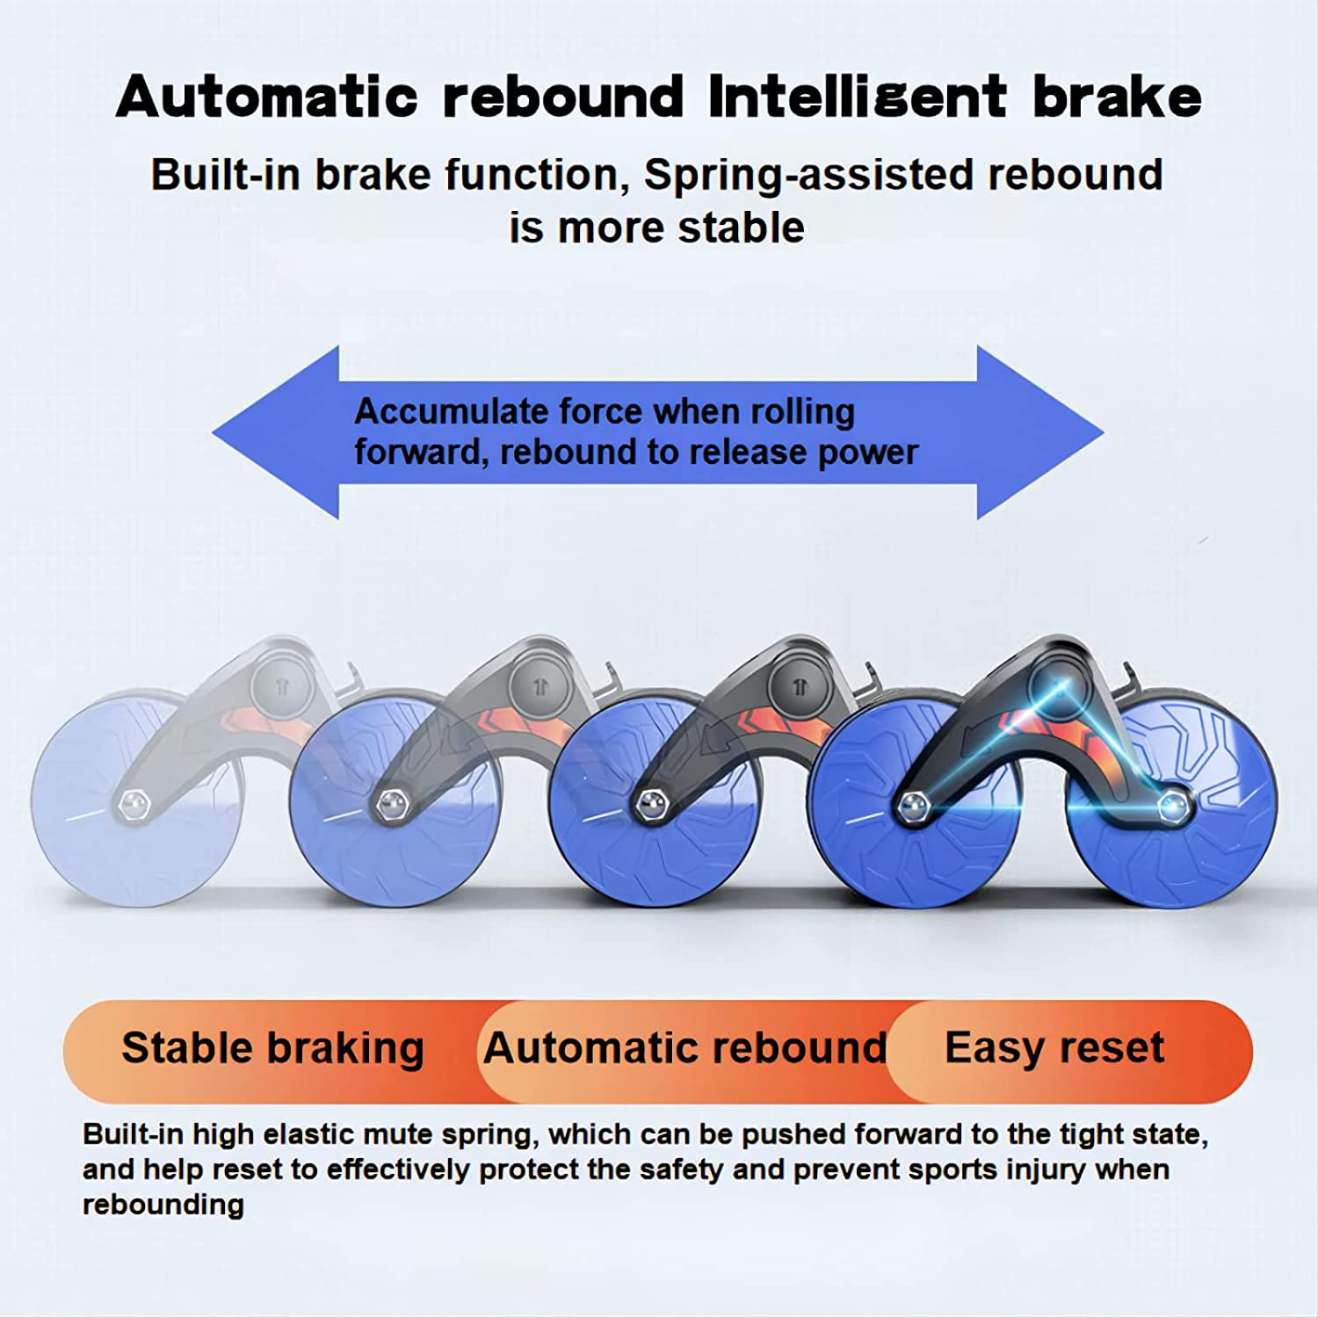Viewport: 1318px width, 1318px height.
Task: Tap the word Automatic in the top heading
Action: pos(266,96)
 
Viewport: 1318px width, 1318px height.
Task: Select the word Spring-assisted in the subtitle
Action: pos(807,176)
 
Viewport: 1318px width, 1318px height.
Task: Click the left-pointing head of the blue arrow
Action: pos(276,432)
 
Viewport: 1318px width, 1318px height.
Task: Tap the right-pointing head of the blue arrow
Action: pos(1040,432)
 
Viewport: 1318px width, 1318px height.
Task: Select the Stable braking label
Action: pos(272,1049)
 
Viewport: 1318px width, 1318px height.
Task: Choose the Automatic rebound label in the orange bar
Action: pos(685,1048)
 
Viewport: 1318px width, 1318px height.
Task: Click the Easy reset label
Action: pos(1054,1049)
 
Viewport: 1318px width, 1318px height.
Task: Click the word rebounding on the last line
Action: pos(163,1205)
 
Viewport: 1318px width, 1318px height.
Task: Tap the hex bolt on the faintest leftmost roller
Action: pos(133,805)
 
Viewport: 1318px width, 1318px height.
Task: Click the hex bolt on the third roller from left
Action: pos(650,805)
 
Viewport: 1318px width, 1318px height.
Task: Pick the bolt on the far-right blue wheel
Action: pos(1172,805)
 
